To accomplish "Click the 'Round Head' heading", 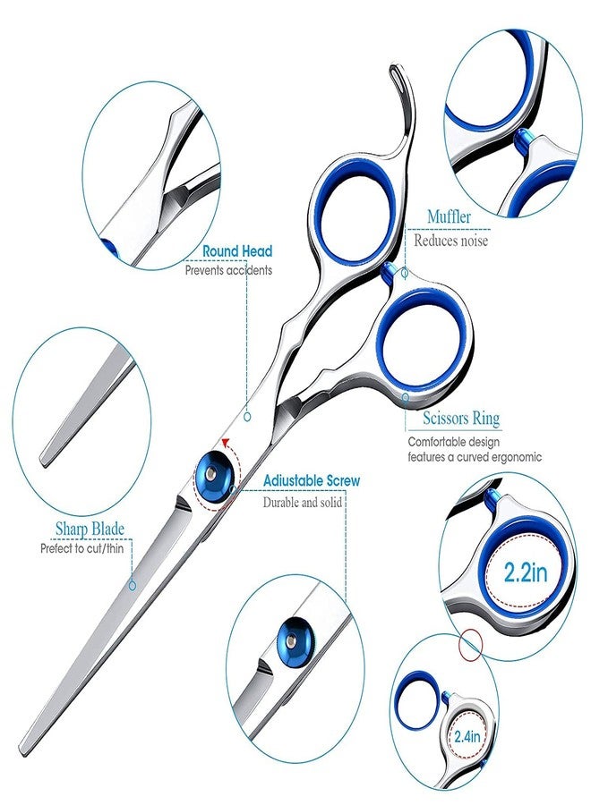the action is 237,251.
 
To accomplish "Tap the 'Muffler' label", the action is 449,216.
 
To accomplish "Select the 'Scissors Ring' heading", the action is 461,419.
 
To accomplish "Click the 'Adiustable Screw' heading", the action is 312,481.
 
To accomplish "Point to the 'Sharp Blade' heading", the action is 90,529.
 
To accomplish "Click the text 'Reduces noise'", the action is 450,241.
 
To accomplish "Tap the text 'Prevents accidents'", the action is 228,269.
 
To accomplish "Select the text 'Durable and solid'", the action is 302,502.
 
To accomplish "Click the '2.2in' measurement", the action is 526,572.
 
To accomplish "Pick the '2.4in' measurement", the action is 467,737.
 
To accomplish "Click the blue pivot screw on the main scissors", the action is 213,473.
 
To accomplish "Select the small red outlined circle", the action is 471,645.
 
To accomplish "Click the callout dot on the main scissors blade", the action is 133,585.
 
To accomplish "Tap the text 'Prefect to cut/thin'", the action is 82,549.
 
